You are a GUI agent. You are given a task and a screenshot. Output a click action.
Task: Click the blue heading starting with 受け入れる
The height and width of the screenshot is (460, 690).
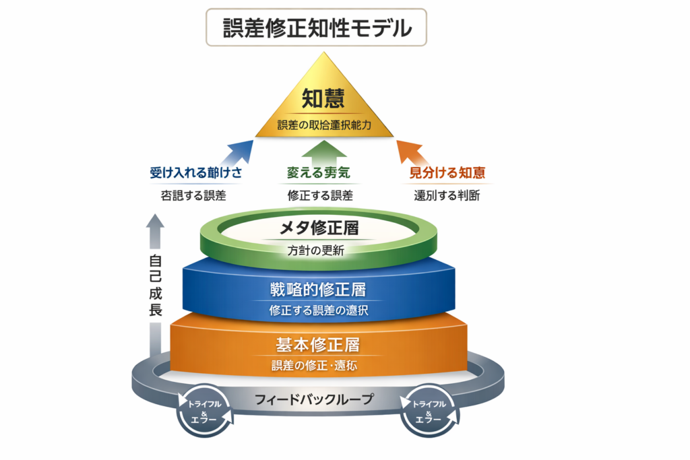196,173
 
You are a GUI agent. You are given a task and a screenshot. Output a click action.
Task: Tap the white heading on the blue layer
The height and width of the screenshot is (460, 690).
317,291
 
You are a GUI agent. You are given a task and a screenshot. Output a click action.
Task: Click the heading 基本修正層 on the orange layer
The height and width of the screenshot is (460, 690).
318,346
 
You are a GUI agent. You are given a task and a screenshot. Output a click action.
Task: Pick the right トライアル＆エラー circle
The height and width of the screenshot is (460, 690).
429,410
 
